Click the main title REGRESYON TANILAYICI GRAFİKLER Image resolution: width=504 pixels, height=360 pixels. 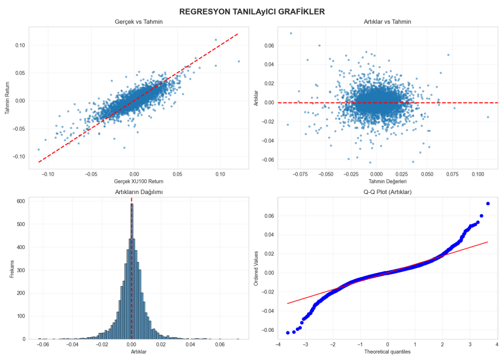[252, 11]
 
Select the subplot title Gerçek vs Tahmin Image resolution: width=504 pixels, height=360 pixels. [138, 22]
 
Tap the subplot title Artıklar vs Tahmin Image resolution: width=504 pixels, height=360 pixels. [387, 22]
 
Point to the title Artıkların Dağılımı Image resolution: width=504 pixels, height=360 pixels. [138, 192]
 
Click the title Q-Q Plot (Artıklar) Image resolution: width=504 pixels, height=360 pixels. [387, 192]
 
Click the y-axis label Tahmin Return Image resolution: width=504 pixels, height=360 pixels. [8, 98]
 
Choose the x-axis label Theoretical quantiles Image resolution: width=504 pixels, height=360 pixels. [387, 352]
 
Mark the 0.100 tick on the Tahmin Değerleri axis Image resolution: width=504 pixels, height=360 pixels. [477, 175]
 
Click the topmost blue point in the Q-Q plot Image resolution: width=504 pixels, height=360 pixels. [488, 203]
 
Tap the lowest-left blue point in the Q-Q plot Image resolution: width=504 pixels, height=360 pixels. [287, 333]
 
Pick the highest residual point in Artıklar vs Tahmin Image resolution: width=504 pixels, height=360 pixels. [290, 33]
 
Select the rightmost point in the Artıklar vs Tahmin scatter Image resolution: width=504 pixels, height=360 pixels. [488, 117]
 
